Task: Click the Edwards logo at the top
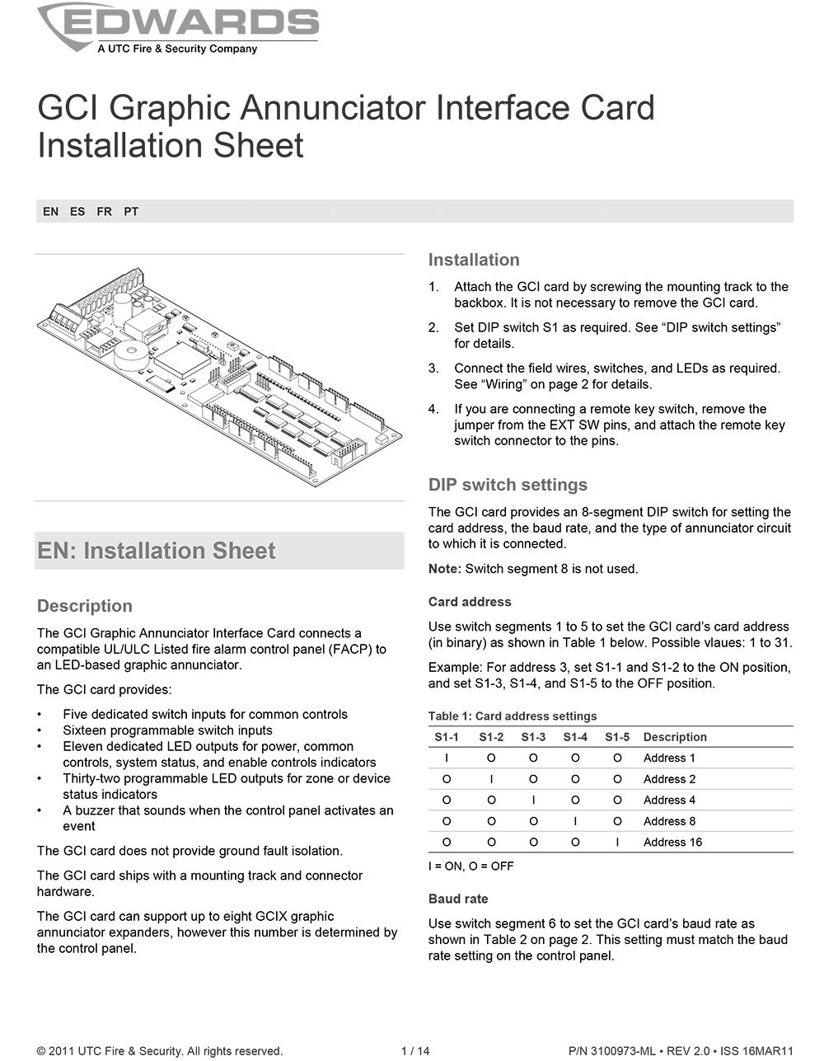pyautogui.click(x=178, y=28)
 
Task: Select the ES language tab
pyautogui.click(x=77, y=212)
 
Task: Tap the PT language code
pyautogui.click(x=131, y=212)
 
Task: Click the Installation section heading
pyautogui.click(x=474, y=260)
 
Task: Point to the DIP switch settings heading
pyautogui.click(x=508, y=485)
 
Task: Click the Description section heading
pyautogui.click(x=85, y=606)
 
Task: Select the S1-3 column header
pyautogui.click(x=533, y=737)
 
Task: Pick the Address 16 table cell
pyautogui.click(x=672, y=842)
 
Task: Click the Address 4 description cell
pyautogui.click(x=669, y=800)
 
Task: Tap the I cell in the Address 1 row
pyautogui.click(x=447, y=758)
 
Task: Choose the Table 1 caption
pyautogui.click(x=512, y=716)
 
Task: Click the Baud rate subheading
pyautogui.click(x=458, y=899)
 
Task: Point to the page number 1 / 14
pyautogui.click(x=415, y=1051)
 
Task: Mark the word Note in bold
pyautogui.click(x=444, y=569)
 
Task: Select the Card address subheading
pyautogui.click(x=470, y=602)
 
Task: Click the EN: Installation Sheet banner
pyautogui.click(x=157, y=551)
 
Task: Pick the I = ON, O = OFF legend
pyautogui.click(x=471, y=866)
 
